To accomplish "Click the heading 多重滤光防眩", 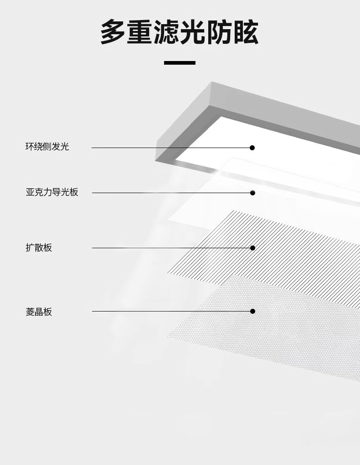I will click(x=180, y=32).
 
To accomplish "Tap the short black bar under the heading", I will click(x=180, y=62).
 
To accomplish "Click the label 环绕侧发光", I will click(x=47, y=147).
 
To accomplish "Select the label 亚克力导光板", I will click(x=52, y=192).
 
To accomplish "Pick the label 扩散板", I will click(x=39, y=248).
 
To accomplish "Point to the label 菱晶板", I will click(x=39, y=312).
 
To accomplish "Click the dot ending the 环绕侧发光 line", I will click(x=252, y=148).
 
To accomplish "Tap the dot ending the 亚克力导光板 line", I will click(x=252, y=193).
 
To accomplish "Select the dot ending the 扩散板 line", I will click(x=252, y=248).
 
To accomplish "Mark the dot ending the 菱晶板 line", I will click(x=252, y=311).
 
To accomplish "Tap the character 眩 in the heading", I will click(x=246, y=32).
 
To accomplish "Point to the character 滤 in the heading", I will click(x=166, y=32).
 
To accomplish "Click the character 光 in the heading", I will click(x=193, y=32).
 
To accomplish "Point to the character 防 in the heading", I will click(x=219, y=32).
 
